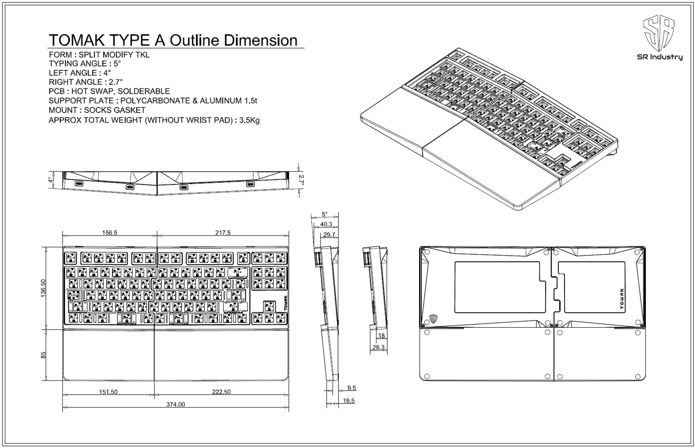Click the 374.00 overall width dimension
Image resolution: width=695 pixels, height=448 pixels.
pyautogui.click(x=175, y=404)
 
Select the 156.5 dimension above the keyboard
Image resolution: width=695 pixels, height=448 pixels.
pyautogui.click(x=110, y=233)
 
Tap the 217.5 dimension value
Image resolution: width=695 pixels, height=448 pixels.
pyautogui.click(x=223, y=233)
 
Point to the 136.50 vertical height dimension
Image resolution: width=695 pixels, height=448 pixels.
pyautogui.click(x=43, y=288)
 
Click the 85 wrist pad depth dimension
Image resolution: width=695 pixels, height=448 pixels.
pyautogui.click(x=43, y=355)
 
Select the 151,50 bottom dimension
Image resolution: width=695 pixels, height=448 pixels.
pyautogui.click(x=108, y=392)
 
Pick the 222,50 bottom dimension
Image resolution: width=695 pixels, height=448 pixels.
pyautogui.click(x=221, y=392)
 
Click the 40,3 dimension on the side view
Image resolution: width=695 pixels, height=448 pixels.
pyautogui.click(x=326, y=224)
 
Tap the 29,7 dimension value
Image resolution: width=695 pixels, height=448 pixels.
pyautogui.click(x=329, y=235)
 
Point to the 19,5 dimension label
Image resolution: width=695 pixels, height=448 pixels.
pyautogui.click(x=349, y=401)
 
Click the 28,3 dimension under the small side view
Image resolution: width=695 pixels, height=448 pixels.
pyautogui.click(x=378, y=347)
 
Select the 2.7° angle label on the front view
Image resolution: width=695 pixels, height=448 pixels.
pyautogui.click(x=301, y=180)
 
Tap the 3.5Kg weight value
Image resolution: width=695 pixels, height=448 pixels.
pyautogui.click(x=249, y=120)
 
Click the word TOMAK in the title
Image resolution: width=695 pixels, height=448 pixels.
pyautogui.click(x=77, y=40)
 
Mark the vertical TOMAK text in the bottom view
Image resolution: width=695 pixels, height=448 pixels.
pyautogui.click(x=622, y=299)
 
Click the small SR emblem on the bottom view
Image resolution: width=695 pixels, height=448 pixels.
pyautogui.click(x=433, y=318)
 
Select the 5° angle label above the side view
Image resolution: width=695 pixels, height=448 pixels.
pyautogui.click(x=324, y=214)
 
